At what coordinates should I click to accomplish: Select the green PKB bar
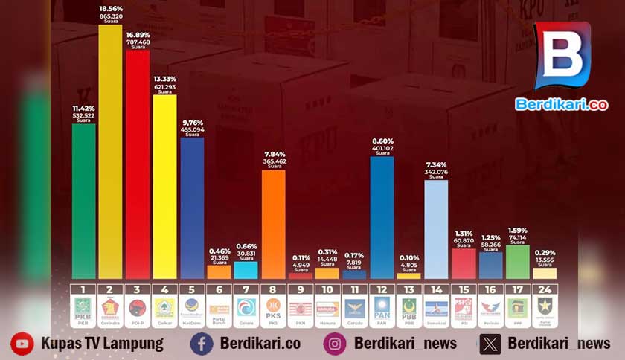tap(83, 201)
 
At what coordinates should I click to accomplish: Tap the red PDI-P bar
tap(138, 164)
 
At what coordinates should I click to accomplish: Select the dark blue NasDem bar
tap(192, 208)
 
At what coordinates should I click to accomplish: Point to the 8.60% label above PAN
tap(382, 141)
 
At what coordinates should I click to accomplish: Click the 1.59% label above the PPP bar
tap(518, 230)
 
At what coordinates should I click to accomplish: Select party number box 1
tap(83, 289)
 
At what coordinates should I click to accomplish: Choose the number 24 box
tap(545, 289)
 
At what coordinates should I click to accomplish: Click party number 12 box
tap(382, 289)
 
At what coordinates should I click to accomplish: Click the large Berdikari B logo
tap(562, 56)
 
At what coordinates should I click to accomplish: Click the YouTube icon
tap(22, 343)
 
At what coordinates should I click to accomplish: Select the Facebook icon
tap(201, 343)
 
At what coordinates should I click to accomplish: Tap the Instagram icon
tap(335, 343)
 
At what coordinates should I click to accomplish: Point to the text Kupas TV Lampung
tap(102, 343)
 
